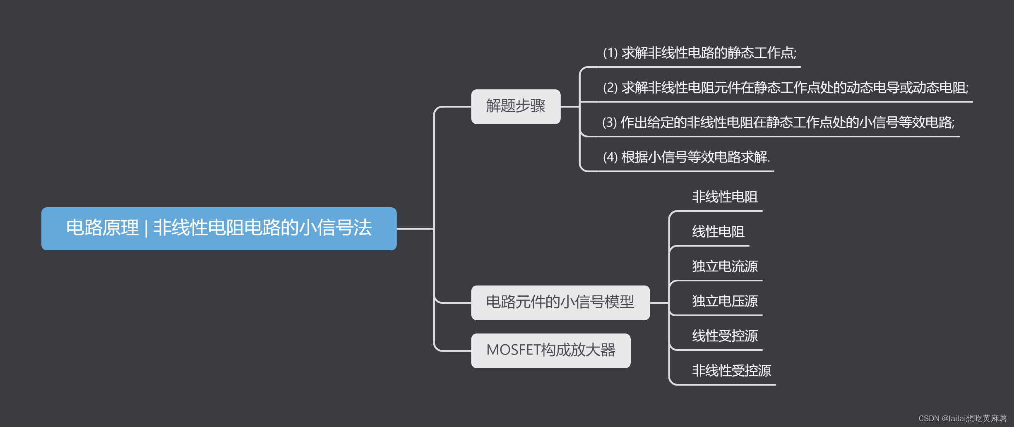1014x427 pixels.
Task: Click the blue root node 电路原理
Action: [x=219, y=228]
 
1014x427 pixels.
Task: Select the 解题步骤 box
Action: [x=515, y=106]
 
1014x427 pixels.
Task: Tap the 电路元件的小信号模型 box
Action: [x=560, y=302]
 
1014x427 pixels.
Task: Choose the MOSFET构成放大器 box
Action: [x=550, y=350]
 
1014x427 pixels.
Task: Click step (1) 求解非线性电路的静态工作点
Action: [x=699, y=53]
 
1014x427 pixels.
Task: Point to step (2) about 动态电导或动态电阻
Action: [x=786, y=88]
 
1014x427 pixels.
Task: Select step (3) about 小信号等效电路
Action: [x=778, y=122]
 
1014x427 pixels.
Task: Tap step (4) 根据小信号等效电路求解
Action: [x=686, y=157]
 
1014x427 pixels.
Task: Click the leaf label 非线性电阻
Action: [x=725, y=197]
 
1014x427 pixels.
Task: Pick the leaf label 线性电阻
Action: [x=718, y=232]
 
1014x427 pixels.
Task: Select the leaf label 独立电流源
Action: [x=725, y=266]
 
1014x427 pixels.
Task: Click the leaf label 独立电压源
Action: [x=725, y=301]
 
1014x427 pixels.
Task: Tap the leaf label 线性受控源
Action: [x=725, y=336]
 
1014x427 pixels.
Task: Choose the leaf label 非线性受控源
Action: [x=731, y=371]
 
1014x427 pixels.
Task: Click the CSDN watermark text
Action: [x=962, y=418]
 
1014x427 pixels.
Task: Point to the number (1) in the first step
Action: [x=610, y=53]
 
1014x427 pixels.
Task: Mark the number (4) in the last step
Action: [x=610, y=157]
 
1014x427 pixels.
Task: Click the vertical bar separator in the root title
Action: [x=146, y=228]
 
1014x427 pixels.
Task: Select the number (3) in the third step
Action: [x=609, y=122]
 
